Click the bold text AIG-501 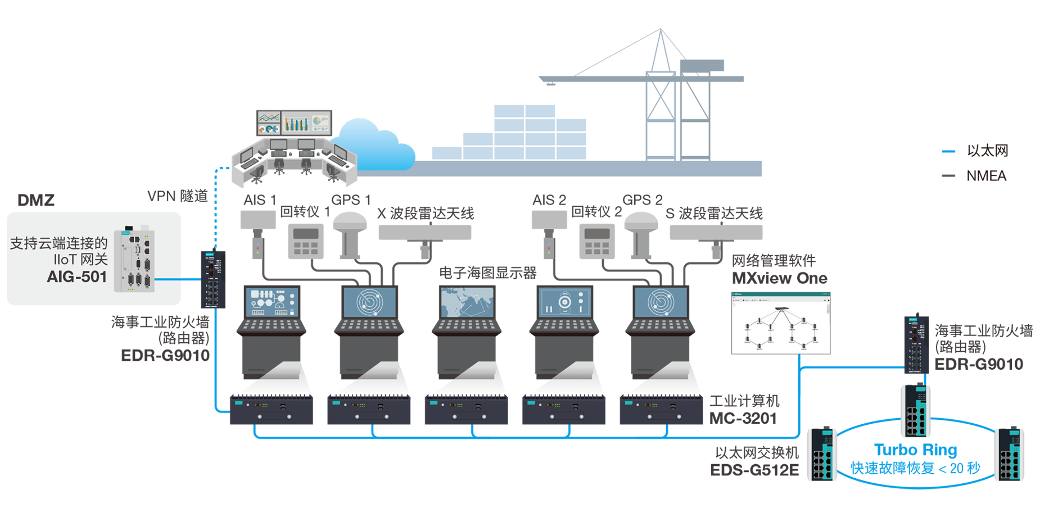pyautogui.click(x=76, y=277)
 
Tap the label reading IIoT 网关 pyautogui.click(x=80, y=260)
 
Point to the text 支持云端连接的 pyautogui.click(x=58, y=243)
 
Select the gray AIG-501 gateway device pyautogui.click(x=134, y=260)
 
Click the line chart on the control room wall pyautogui.click(x=269, y=117)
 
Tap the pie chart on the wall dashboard pyautogui.click(x=320, y=120)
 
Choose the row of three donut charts pyautogui.click(x=269, y=129)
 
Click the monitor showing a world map pyautogui.click(x=467, y=302)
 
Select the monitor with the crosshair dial pyautogui.click(x=564, y=302)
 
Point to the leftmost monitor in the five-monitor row pyautogui.click(x=272, y=302)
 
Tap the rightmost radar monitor pyautogui.click(x=661, y=302)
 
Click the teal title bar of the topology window pyautogui.click(x=780, y=294)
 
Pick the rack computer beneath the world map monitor pyautogui.click(x=467, y=407)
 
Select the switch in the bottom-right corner pyautogui.click(x=1011, y=450)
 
